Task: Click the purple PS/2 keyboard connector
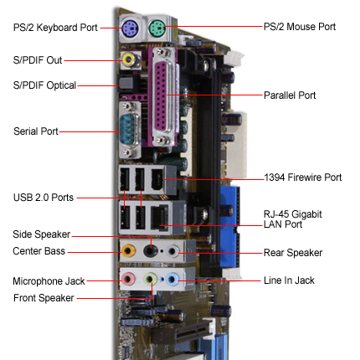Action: tap(130, 28)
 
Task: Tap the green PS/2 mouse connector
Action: tap(157, 28)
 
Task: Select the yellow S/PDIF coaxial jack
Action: tap(129, 59)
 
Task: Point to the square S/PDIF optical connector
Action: tap(126, 83)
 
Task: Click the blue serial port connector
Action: tap(128, 130)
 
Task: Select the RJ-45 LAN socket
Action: tap(160, 217)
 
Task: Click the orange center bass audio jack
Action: tap(129, 250)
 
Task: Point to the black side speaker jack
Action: tap(151, 250)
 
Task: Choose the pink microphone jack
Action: tap(128, 279)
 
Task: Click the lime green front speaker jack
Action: tap(151, 279)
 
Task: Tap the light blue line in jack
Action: tap(172, 279)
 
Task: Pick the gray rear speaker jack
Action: tap(172, 251)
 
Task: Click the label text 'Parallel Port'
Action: tap(290, 95)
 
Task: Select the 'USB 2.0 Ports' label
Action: tap(44, 198)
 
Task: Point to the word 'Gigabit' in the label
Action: tap(303, 214)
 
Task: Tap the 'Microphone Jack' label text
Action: tap(49, 281)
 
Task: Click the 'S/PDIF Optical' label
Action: tap(44, 85)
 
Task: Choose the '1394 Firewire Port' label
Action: tap(303, 177)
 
